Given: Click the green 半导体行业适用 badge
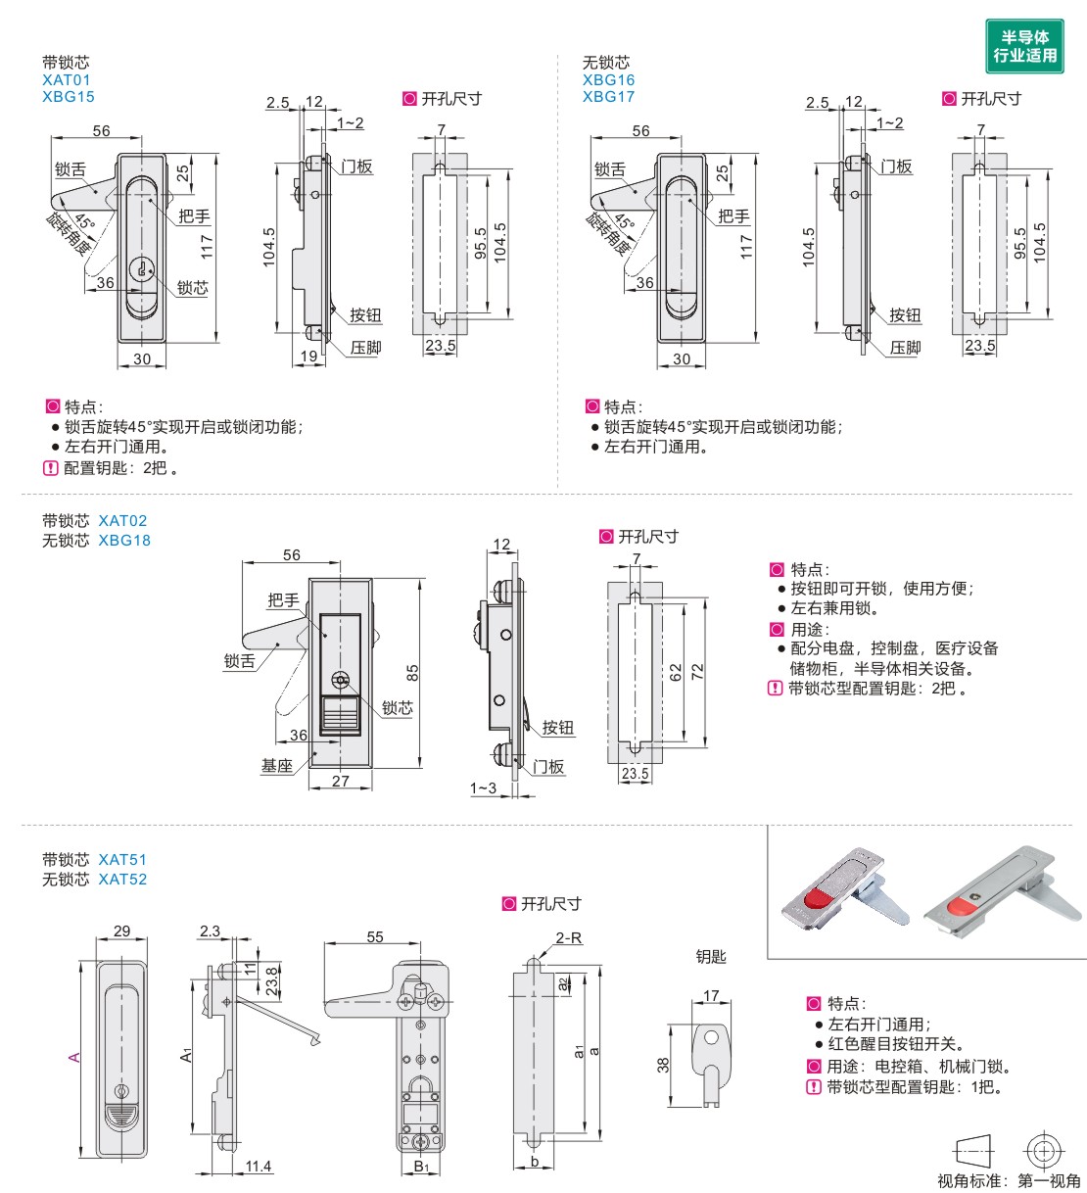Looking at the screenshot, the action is pos(1024,46).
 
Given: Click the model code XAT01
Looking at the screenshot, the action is pos(66,79).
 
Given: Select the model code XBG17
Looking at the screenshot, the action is pos(608,96).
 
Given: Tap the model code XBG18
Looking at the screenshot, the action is pos(124,540).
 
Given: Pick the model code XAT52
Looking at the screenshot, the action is pos(122,879).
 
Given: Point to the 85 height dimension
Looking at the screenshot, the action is pos(412,673).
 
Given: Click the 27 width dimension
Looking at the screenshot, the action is pos(340,781).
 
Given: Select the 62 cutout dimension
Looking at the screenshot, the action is pos(675,673).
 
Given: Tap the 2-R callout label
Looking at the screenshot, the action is pos(569,938).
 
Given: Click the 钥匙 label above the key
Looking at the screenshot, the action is pos(711,956).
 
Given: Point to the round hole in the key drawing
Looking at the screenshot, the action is pos(711,1037).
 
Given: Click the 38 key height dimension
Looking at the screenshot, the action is pos(662,1065).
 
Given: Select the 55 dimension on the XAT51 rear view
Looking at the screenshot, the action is pos(375,936).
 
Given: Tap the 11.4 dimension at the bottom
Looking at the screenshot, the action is pos(259,1167).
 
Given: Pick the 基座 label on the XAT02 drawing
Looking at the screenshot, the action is pos(277,765).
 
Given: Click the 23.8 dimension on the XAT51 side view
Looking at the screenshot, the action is pos(272,980).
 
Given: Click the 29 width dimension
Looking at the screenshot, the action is pos(121,931).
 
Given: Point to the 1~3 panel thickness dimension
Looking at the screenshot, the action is pos(483,788).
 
